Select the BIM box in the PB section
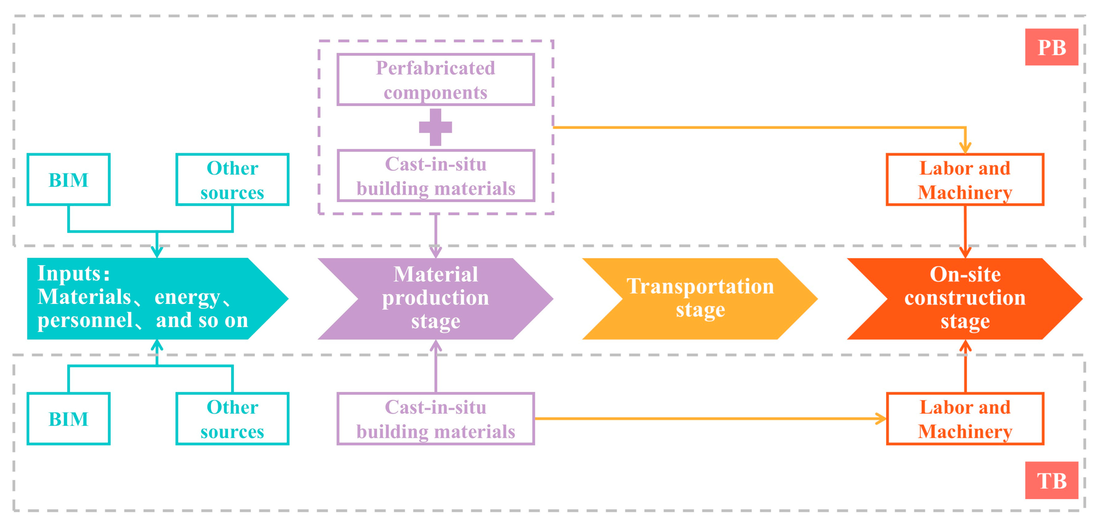click(x=68, y=179)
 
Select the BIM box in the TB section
click(x=68, y=419)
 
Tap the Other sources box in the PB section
click(x=232, y=179)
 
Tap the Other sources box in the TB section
click(x=232, y=419)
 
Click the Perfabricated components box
click(x=436, y=79)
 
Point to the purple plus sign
click(x=436, y=127)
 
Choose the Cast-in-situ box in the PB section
click(x=436, y=175)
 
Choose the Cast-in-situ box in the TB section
click(x=436, y=419)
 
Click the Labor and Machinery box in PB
click(x=965, y=179)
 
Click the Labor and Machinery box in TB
click(x=965, y=419)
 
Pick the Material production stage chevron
click(x=436, y=299)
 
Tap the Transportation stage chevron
click(x=700, y=299)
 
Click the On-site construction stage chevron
click(x=965, y=299)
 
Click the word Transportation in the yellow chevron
click(x=700, y=287)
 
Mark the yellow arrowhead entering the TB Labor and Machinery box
click(x=881, y=419)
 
